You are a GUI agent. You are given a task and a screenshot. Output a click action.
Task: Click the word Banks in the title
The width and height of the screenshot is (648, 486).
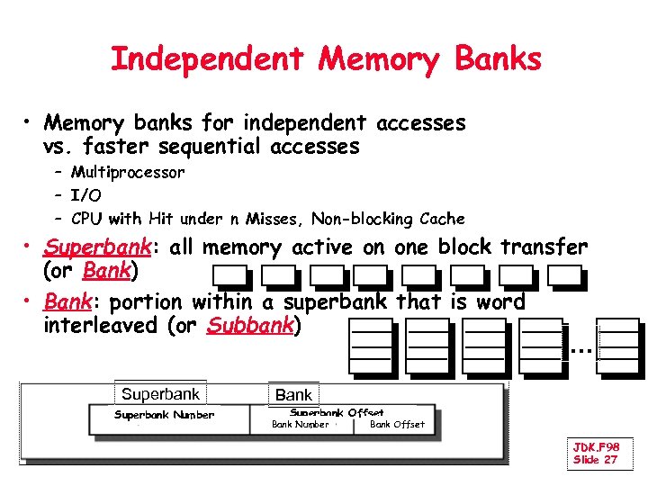tap(498, 59)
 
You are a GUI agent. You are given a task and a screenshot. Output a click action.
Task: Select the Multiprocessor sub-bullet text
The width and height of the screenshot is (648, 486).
tap(128, 172)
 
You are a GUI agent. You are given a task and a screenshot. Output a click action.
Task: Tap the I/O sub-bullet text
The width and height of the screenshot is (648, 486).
tap(86, 195)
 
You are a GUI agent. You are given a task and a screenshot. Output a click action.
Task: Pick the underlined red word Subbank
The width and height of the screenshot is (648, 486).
tap(250, 326)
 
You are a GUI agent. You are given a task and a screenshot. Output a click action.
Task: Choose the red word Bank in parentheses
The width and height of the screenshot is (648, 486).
tap(106, 271)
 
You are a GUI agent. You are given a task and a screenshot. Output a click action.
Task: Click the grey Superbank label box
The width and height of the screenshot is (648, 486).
tap(160, 394)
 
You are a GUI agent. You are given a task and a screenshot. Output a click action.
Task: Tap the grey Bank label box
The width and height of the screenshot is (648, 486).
tap(293, 395)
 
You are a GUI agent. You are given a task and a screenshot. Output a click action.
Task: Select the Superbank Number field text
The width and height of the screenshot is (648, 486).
tap(164, 415)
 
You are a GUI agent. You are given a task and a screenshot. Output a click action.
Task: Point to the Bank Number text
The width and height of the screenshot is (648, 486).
tap(300, 425)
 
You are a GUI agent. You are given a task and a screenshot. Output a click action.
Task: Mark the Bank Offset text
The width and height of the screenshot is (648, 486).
tap(397, 425)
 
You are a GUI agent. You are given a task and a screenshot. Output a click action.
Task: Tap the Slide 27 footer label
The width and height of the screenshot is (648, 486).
tap(595, 460)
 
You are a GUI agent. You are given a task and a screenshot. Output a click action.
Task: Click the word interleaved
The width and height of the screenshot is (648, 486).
tap(102, 326)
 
